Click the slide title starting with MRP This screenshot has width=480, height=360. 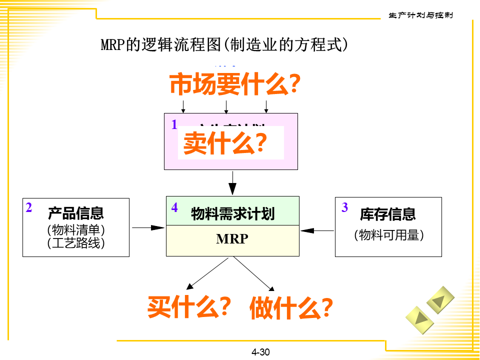224,45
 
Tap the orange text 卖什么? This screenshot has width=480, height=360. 224,143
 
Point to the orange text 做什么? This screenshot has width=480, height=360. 291,307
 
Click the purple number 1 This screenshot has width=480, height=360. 174,125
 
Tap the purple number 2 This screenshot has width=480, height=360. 29,207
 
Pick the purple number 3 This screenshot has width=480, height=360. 344,207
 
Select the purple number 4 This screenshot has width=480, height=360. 174,207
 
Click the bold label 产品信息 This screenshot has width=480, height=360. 76,213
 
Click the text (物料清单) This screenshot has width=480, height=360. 76,230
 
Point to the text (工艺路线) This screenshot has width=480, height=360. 76,243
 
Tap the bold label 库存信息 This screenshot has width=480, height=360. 388,214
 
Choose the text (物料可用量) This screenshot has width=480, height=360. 388,235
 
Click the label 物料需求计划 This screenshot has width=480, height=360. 232,214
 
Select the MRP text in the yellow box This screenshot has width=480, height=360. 232,239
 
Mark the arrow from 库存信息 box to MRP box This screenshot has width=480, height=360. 317,230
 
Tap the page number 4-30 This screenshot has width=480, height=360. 260,352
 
